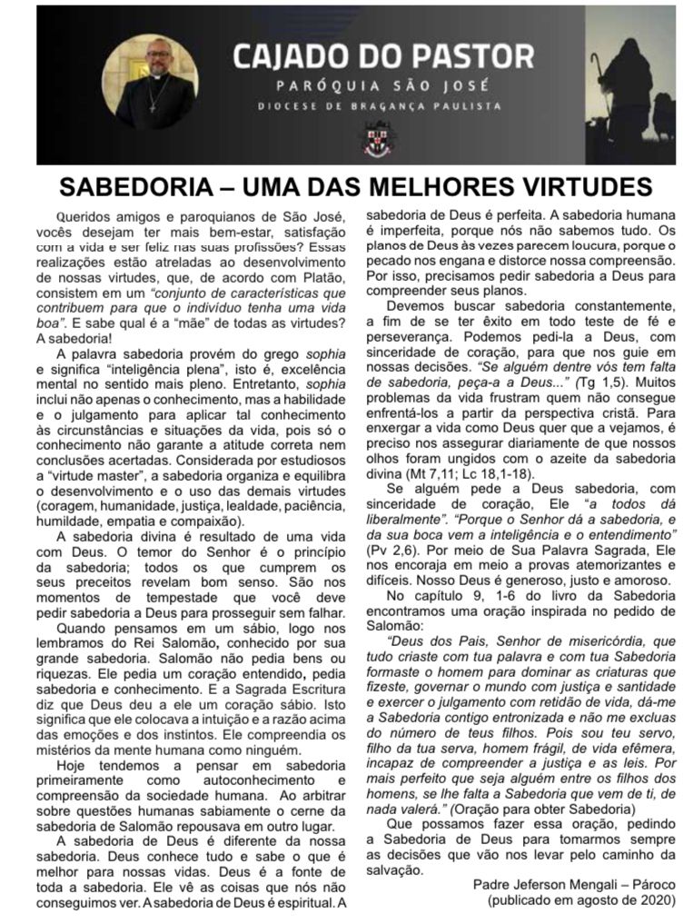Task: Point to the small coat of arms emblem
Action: (x=382, y=137)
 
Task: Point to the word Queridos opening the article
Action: (x=87, y=217)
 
